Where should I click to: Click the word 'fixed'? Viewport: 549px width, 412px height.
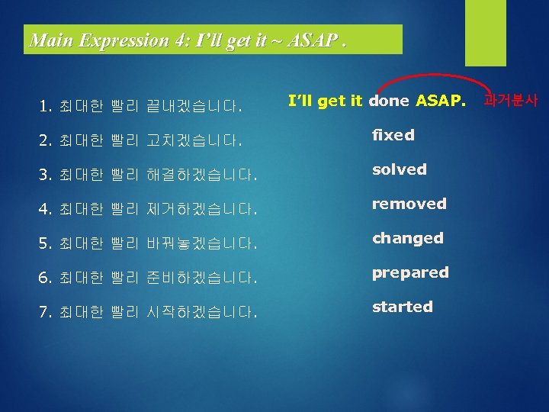point(393,135)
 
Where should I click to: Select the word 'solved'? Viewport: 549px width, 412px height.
point(399,169)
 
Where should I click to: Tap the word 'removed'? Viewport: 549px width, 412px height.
point(409,204)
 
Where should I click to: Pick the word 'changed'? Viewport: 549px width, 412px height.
point(407,238)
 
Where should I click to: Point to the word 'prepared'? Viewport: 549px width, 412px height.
point(410,272)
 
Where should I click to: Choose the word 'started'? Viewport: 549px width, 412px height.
point(402,307)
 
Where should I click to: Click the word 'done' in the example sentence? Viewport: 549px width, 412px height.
point(389,101)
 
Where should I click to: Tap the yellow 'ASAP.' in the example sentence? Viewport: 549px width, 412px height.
point(439,101)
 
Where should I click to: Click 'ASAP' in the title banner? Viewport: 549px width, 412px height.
point(313,40)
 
